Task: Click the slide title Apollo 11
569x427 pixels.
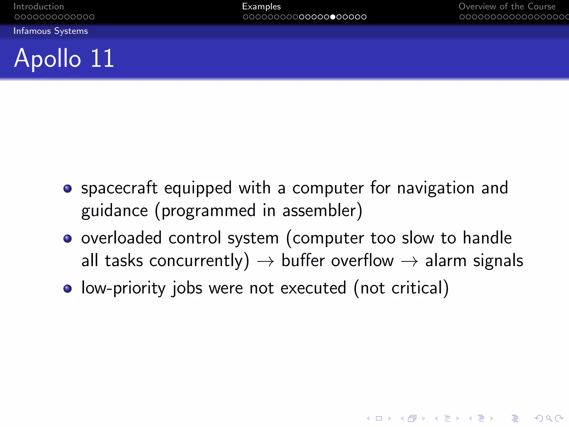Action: (x=64, y=58)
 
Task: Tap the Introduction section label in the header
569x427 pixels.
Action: (x=39, y=6)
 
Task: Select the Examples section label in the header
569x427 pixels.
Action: (x=261, y=6)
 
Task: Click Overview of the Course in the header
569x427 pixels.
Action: (x=507, y=6)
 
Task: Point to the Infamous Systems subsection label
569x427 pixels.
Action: (x=51, y=31)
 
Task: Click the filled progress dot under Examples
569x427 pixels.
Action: (x=333, y=17)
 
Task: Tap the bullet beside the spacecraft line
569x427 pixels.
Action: (x=68, y=189)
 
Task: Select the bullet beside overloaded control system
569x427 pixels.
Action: (x=68, y=239)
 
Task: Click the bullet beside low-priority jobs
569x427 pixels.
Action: (x=68, y=289)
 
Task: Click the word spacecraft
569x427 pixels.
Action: (x=119, y=188)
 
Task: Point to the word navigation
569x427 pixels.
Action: (x=436, y=188)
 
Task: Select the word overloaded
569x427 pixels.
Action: (x=121, y=238)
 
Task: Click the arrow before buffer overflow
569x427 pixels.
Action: (x=265, y=262)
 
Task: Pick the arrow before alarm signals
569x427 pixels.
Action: (x=409, y=262)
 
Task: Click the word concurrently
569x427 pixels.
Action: (x=196, y=261)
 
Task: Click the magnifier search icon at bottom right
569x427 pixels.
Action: (x=548, y=418)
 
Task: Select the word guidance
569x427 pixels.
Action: (x=114, y=211)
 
